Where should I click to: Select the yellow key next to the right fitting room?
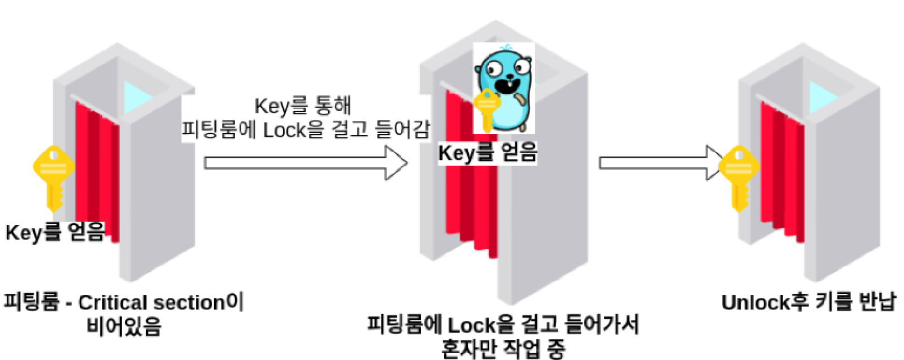click(738, 175)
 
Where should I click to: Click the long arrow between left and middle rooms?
click(305, 163)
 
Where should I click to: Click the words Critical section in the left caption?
click(151, 302)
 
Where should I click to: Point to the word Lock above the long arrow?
click(285, 130)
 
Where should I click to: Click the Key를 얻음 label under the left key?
click(55, 232)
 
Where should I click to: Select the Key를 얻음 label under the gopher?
click(488, 153)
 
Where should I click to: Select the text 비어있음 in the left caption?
click(124, 327)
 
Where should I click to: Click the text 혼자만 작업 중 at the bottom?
click(503, 349)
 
